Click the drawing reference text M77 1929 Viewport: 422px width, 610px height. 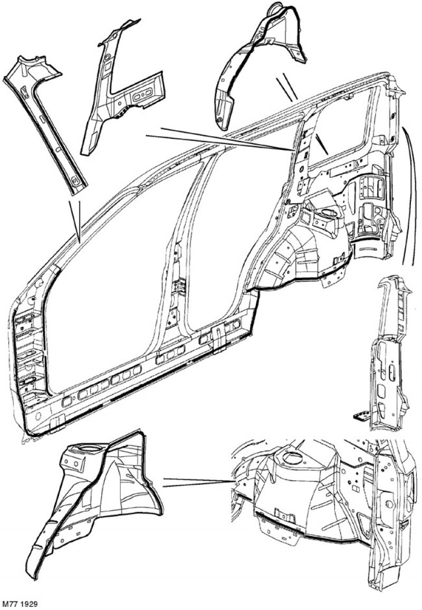(x=19, y=604)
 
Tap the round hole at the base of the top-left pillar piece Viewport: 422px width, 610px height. (x=75, y=180)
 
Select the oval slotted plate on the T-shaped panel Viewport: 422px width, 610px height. (x=143, y=96)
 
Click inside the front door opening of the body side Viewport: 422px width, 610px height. (x=117, y=272)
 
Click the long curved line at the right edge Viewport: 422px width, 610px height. (x=409, y=195)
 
